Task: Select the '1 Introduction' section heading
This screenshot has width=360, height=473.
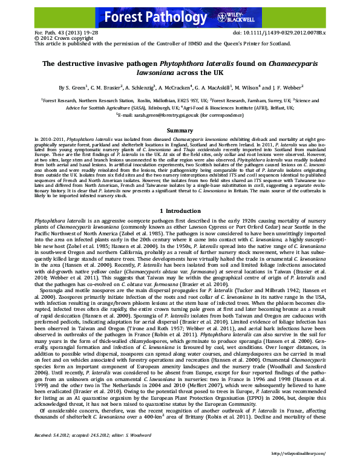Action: coord(180,210)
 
